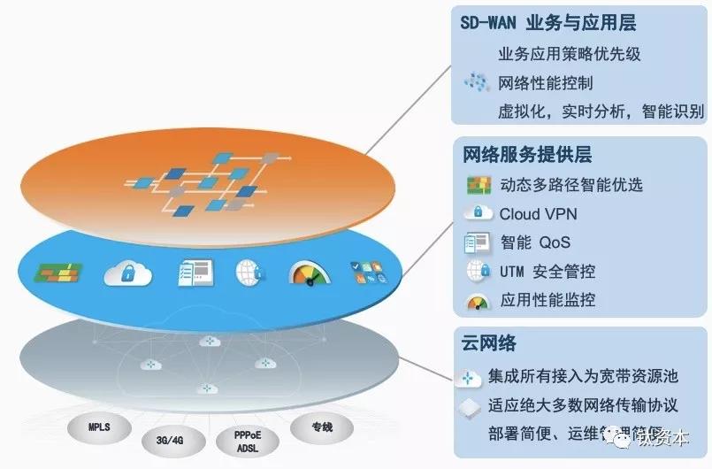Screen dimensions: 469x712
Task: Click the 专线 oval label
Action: [321, 427]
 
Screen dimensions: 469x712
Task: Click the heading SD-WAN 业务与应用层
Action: [548, 23]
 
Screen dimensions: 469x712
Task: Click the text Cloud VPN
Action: [539, 214]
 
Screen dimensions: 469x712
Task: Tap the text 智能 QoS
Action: [535, 242]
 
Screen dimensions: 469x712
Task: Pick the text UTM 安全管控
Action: [547, 271]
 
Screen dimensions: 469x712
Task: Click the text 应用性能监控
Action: [547, 300]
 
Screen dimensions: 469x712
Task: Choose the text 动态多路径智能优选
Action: [570, 185]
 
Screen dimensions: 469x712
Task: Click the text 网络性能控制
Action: [545, 83]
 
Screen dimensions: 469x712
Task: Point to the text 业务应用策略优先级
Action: [570, 54]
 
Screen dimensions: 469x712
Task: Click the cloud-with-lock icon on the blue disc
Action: [126, 273]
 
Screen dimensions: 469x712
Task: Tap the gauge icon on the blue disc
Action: [307, 273]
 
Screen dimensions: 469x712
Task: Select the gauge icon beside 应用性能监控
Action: [478, 300]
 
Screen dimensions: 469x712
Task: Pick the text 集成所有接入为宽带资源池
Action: [583, 377]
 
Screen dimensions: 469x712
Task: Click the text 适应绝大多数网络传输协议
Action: [583, 406]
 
